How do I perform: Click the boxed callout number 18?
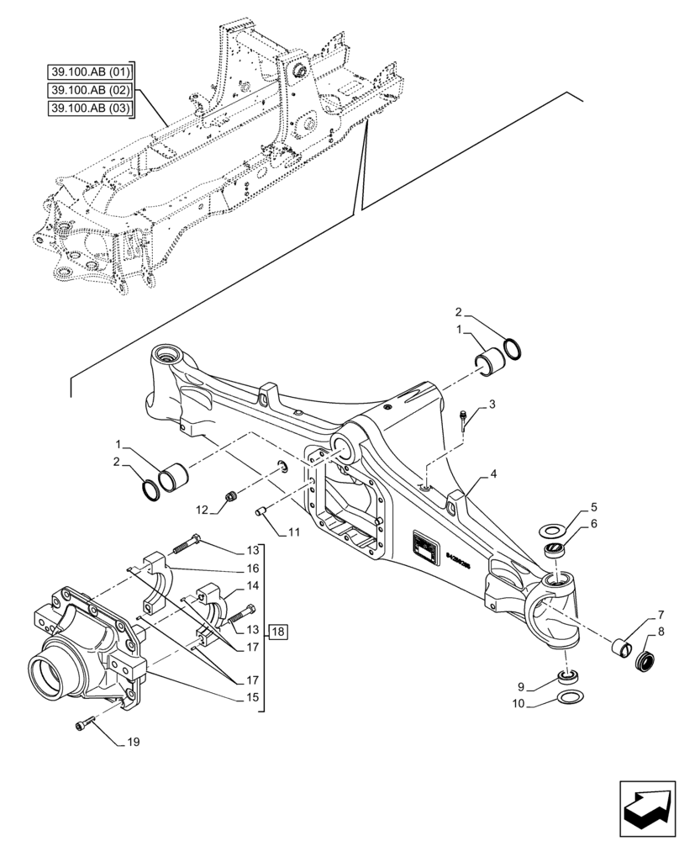pos(278,630)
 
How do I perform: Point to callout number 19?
pos(134,742)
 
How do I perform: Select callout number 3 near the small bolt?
pos(493,405)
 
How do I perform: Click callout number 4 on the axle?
pos(494,473)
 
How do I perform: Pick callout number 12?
pos(202,510)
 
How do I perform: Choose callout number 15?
pos(250,697)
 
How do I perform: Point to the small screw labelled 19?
pos(84,722)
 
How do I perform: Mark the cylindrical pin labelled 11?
pos(260,510)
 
